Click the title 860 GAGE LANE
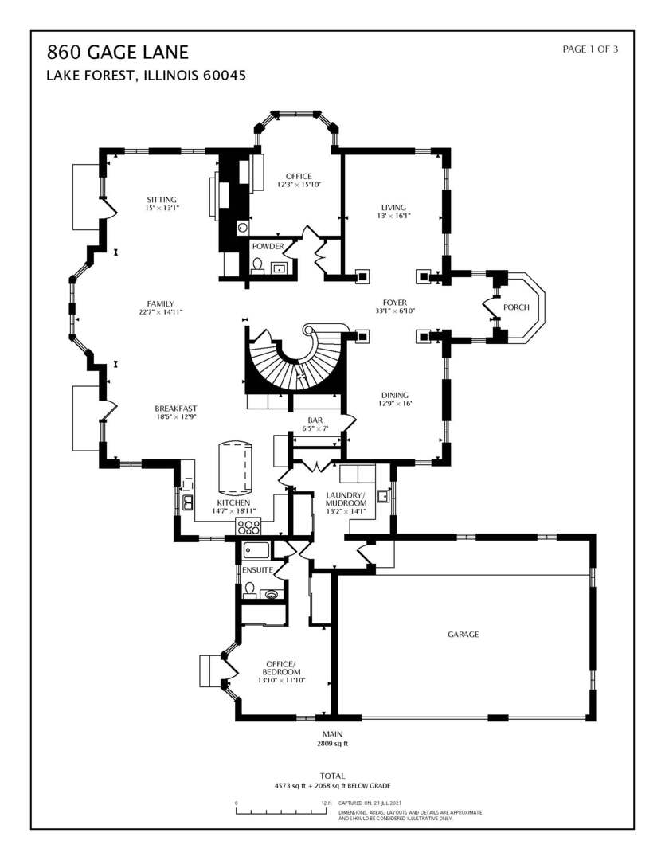click(117, 53)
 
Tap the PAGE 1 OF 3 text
click(589, 49)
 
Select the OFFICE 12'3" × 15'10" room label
click(299, 180)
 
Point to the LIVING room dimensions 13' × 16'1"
click(394, 215)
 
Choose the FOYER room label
click(394, 303)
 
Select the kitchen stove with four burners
click(248, 526)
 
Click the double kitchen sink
click(187, 502)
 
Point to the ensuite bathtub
click(256, 549)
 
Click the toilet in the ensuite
click(250, 590)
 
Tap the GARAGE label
click(463, 635)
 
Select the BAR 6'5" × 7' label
click(315, 424)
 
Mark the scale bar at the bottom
click(282, 812)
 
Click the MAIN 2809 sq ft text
click(332, 738)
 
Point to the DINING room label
click(393, 399)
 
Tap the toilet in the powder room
click(257, 268)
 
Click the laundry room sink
click(383, 498)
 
